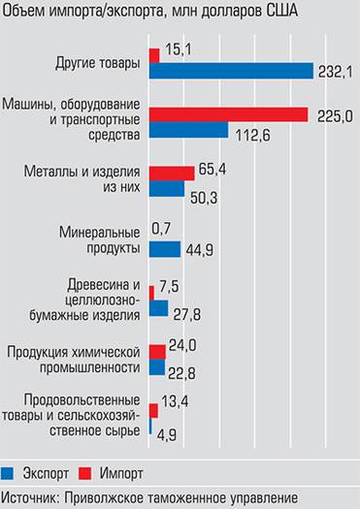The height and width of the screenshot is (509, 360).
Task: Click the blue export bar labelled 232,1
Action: (x=231, y=71)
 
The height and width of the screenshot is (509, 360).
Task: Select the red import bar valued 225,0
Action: (x=229, y=115)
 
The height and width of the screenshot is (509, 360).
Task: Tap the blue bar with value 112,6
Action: (x=189, y=130)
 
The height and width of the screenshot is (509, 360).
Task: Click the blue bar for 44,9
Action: (x=166, y=249)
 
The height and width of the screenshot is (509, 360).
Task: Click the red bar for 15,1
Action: (x=154, y=54)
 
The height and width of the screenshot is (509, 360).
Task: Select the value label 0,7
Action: (x=162, y=229)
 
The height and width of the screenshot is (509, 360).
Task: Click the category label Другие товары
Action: (x=98, y=64)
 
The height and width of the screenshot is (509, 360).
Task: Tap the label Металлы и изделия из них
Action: (x=98, y=179)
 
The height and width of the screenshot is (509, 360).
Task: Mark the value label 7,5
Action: (x=170, y=287)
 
